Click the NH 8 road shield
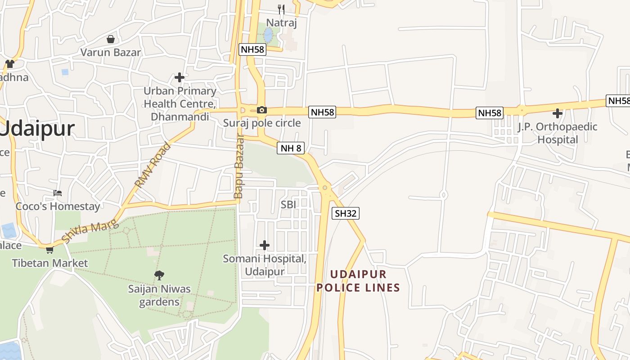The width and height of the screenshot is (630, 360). (x=291, y=148)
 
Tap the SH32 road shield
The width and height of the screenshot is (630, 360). (x=346, y=213)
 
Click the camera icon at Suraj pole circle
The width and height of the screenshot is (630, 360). (x=261, y=110)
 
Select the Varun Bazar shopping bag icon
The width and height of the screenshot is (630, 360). (x=111, y=39)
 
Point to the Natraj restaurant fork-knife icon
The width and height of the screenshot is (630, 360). (x=282, y=9)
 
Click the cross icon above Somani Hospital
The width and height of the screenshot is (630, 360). (x=265, y=245)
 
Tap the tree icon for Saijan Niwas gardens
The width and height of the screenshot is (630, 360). (x=159, y=275)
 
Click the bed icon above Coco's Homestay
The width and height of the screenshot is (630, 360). (x=58, y=193)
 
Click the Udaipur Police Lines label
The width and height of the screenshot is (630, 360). (x=358, y=281)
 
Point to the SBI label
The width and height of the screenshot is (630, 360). (x=288, y=204)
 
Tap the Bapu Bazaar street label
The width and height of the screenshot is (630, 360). (x=239, y=166)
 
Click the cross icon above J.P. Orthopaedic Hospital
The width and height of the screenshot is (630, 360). (x=558, y=113)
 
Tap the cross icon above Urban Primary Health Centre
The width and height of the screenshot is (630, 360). (x=180, y=77)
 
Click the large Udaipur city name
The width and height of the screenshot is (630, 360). (x=37, y=129)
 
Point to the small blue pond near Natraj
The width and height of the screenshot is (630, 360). (x=268, y=35)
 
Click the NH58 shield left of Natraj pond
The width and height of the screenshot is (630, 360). (x=252, y=49)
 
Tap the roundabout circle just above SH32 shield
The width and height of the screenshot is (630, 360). (x=325, y=188)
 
